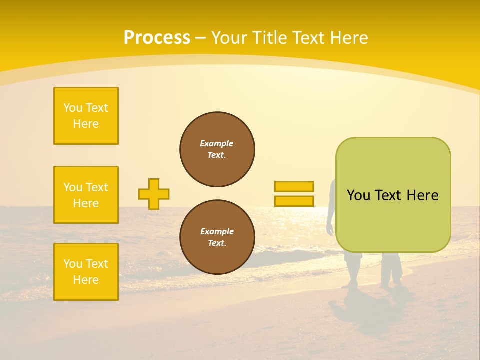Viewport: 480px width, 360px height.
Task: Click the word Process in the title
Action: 157,38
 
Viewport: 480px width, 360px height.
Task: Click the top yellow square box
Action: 86,116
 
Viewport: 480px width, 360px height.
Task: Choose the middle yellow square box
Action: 86,195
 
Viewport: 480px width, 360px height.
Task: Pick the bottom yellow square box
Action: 86,272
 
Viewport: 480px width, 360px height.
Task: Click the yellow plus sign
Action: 154,194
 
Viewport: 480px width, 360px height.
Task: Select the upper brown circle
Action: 217,149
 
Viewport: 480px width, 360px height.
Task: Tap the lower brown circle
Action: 217,237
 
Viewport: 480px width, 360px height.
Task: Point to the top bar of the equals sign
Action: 294,186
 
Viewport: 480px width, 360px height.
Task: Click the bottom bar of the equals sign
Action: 294,201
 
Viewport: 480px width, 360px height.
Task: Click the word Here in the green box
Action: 422,195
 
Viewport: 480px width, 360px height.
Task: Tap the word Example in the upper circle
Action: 217,143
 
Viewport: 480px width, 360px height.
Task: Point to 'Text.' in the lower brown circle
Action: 217,243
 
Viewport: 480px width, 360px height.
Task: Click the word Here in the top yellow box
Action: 86,124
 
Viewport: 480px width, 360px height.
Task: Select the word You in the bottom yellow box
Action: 73,264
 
